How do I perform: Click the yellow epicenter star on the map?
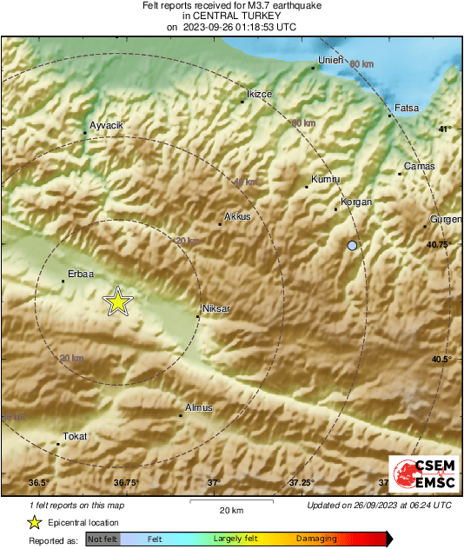click(x=117, y=301)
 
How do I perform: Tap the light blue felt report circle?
click(x=352, y=247)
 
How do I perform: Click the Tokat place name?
click(x=75, y=436)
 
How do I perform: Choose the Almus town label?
click(x=198, y=407)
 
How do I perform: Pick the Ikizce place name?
click(x=260, y=94)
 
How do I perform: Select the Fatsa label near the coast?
click(x=407, y=109)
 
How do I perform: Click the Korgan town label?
click(x=356, y=202)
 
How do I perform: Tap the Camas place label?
click(x=419, y=166)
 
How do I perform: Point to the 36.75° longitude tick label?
click(x=126, y=482)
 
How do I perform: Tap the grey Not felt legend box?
click(x=103, y=539)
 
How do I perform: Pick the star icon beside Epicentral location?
click(x=34, y=522)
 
